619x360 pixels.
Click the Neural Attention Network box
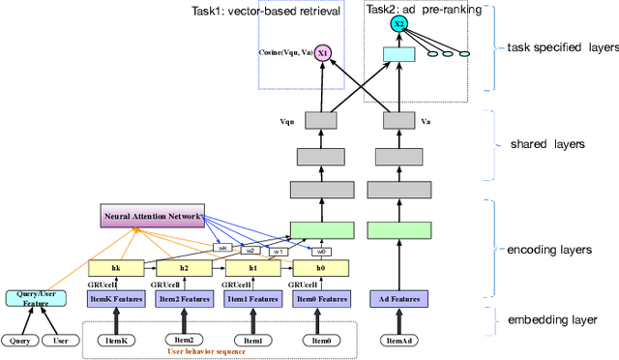(x=153, y=215)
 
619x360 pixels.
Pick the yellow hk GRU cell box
(x=115, y=268)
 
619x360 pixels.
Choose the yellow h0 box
(x=319, y=268)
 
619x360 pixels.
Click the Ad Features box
(x=398, y=299)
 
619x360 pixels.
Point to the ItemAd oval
(x=398, y=340)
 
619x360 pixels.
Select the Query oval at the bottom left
(x=18, y=340)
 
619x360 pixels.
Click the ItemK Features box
(x=115, y=299)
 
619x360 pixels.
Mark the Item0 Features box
(x=319, y=299)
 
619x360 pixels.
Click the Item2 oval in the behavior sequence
(x=184, y=340)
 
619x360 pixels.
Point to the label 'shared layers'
(x=546, y=143)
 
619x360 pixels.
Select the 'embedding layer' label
(x=552, y=319)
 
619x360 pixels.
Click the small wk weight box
(x=221, y=248)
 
